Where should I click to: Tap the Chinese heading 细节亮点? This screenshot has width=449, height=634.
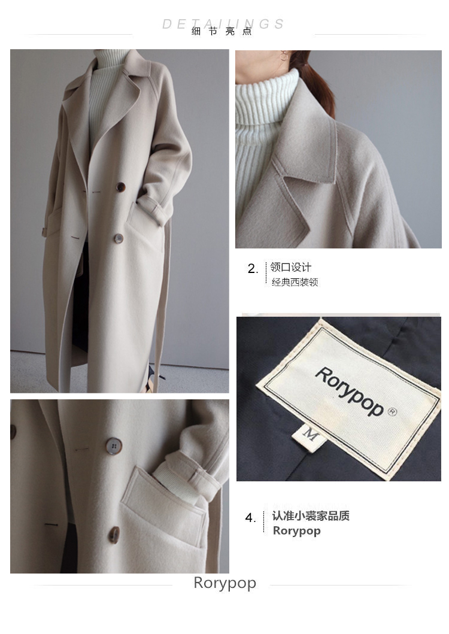[222, 31]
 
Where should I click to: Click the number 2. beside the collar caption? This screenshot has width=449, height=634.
[253, 268]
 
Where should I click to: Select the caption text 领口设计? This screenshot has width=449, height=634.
[290, 267]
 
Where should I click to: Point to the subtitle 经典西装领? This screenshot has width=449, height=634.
[295, 282]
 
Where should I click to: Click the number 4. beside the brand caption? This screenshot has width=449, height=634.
[250, 517]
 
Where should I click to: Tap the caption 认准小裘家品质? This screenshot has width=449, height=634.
[311, 516]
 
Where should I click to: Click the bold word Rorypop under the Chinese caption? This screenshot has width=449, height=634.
[297, 530]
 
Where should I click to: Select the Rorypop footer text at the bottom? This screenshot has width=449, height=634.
[225, 583]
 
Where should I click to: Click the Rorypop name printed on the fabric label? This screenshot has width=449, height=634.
[350, 392]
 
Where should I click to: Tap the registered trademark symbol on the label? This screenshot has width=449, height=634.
[392, 412]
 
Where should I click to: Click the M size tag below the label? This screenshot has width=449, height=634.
[310, 435]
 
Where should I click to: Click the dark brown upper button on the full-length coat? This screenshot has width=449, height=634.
[120, 187]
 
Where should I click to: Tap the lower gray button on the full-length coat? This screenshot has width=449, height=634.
[119, 238]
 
